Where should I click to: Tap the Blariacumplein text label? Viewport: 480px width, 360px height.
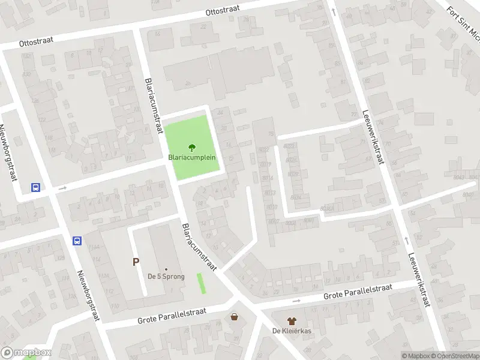coord(192,158)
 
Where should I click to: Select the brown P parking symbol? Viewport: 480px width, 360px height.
coord(136,262)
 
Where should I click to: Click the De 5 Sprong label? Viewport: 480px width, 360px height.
coord(166,277)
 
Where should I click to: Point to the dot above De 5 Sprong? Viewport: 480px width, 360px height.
coord(166,269)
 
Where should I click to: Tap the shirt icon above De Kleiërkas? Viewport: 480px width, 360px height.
coord(291,321)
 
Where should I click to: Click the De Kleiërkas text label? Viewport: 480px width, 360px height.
coord(291,331)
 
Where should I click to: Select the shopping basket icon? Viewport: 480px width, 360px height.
coord(234,316)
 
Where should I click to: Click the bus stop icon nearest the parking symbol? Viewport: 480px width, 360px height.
coord(77,241)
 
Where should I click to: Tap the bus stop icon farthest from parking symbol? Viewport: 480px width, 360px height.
coord(36,187)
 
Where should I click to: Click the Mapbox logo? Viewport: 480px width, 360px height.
coord(26,353)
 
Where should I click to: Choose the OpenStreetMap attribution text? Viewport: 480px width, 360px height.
coord(454,356)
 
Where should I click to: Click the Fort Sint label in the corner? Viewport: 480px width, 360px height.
coord(463,18)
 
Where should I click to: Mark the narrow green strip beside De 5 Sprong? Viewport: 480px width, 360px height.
coord(202,283)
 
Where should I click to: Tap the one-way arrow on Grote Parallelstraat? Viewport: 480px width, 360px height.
coord(296,301)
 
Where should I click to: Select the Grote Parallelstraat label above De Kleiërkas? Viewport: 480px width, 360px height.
coord(358,292)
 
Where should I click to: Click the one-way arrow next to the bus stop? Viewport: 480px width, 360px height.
coord(62,188)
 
